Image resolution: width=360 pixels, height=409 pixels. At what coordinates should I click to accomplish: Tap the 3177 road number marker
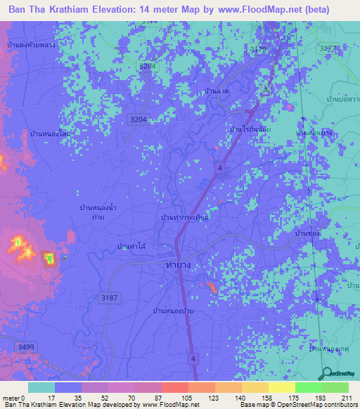(x=328, y=48)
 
